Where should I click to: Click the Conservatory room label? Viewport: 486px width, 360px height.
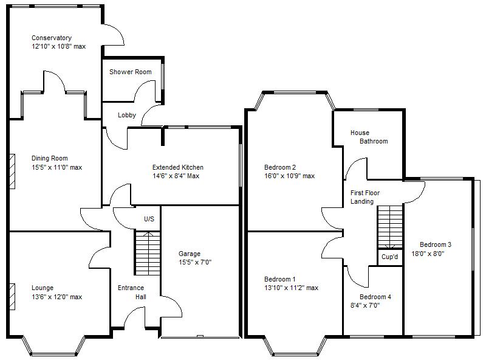52,38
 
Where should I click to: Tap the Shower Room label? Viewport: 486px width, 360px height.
130,72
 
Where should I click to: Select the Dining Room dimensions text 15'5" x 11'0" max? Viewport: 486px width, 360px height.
56,167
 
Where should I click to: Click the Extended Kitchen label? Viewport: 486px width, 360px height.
177,167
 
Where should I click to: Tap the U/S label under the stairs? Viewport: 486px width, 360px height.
149,219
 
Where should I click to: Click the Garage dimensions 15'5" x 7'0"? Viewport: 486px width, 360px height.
194,263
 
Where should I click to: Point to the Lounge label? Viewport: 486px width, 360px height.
43,288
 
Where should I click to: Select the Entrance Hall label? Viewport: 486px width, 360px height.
131,292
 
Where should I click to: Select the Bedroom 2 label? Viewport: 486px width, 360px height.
280,167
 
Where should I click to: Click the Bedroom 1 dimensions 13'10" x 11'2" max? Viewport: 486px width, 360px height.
291,288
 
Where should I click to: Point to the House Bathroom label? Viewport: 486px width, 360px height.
369,137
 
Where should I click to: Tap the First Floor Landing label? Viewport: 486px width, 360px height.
362,197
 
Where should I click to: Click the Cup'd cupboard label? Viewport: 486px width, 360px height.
390,257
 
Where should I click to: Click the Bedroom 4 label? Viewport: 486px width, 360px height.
375,297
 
